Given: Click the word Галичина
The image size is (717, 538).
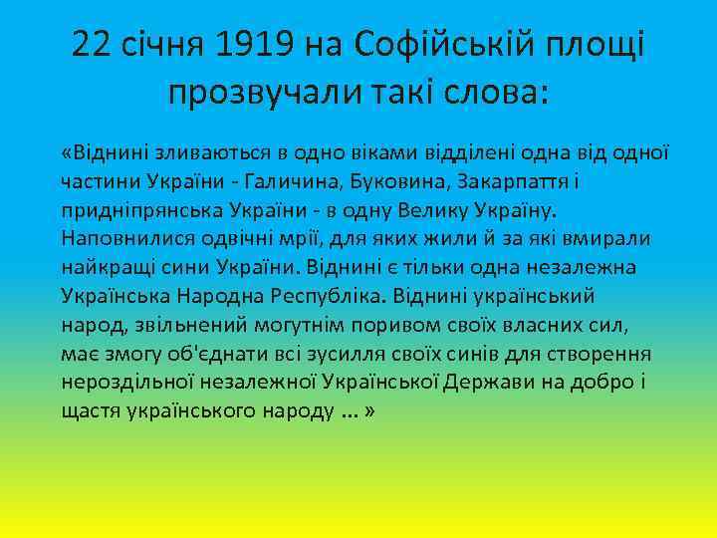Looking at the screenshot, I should tap(339, 183).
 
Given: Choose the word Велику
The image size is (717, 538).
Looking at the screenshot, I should tap(468, 211).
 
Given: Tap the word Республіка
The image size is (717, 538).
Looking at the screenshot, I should tap(329, 297).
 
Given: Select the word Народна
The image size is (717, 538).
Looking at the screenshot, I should tap(213, 297).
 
